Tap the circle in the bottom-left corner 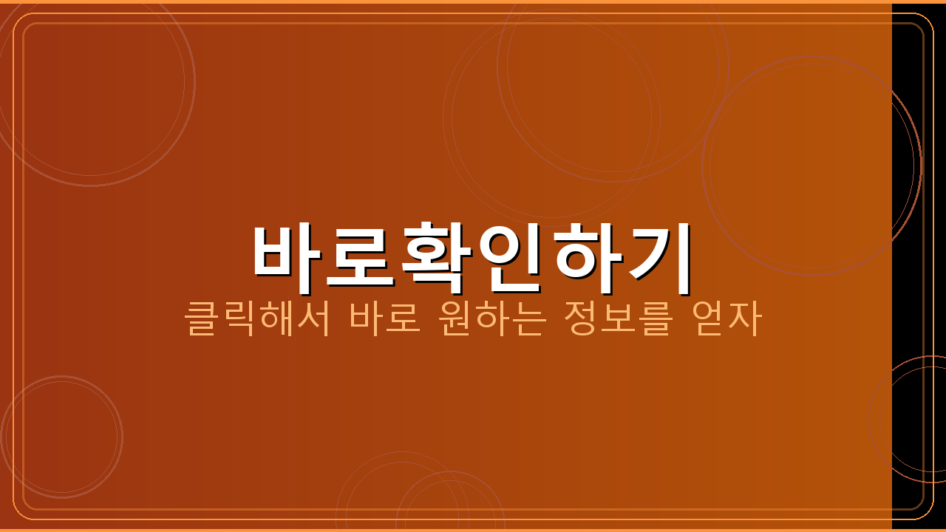coord(61,436)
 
